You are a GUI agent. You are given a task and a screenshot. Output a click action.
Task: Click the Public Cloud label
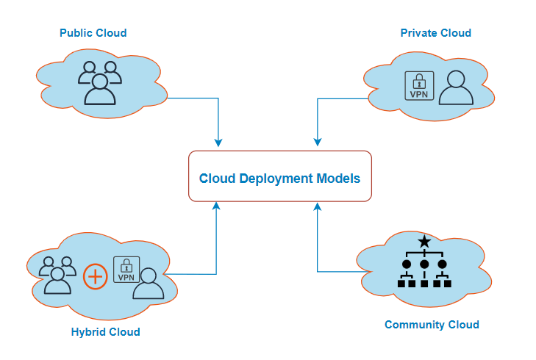(93, 33)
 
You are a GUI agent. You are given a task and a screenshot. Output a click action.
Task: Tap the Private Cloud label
(435, 33)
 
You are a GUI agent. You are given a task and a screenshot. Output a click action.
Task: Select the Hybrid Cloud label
(105, 332)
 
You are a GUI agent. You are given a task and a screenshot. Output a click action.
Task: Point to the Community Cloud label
(432, 325)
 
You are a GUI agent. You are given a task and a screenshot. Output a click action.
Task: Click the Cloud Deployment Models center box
(280, 176)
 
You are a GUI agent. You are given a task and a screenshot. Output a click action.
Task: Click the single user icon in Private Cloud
(455, 88)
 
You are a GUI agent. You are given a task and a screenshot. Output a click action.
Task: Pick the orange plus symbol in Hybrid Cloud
(95, 277)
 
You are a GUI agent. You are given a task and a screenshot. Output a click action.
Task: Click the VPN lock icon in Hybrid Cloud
(126, 270)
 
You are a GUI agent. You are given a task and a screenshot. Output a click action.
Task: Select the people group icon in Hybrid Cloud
(57, 275)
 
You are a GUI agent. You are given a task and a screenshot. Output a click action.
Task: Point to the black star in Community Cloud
(424, 242)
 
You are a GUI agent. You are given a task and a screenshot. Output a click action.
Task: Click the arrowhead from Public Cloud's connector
(218, 141)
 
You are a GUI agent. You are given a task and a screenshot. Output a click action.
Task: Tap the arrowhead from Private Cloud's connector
(317, 141)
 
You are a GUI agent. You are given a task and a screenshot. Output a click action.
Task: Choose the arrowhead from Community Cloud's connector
(317, 206)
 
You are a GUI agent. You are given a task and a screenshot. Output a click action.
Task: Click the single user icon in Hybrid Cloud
(148, 284)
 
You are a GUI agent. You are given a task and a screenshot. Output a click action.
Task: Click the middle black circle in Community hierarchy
(424, 264)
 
